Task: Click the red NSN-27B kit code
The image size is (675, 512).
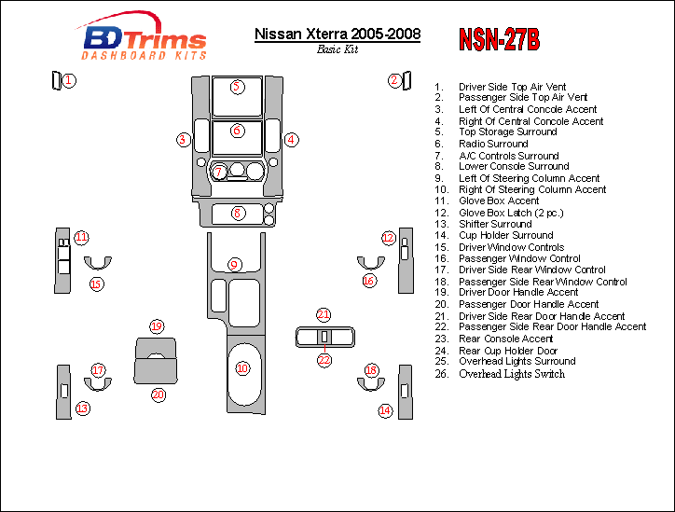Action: click(x=499, y=39)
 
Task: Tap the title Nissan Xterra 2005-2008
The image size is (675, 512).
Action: click(x=337, y=35)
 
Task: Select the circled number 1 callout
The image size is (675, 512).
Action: click(x=69, y=80)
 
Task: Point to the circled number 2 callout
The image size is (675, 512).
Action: click(x=395, y=80)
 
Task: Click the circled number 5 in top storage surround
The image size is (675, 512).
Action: click(x=237, y=87)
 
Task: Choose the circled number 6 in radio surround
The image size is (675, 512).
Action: click(x=237, y=131)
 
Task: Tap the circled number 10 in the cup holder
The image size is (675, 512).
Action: click(x=242, y=369)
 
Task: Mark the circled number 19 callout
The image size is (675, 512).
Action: click(x=157, y=326)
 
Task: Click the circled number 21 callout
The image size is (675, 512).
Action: click(x=324, y=314)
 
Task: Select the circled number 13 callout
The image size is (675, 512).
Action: click(x=83, y=408)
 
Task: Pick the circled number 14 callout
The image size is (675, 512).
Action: click(x=385, y=409)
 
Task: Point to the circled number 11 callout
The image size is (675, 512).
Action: click(x=82, y=237)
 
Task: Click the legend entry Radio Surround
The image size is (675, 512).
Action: click(x=494, y=144)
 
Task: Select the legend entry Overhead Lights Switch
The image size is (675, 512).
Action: click(x=512, y=374)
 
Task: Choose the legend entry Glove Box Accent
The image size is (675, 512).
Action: click(x=499, y=201)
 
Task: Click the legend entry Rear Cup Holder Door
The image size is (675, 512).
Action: click(x=509, y=351)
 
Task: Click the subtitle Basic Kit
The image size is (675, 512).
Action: click(x=337, y=49)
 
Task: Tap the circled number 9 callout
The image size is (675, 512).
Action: click(x=234, y=265)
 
